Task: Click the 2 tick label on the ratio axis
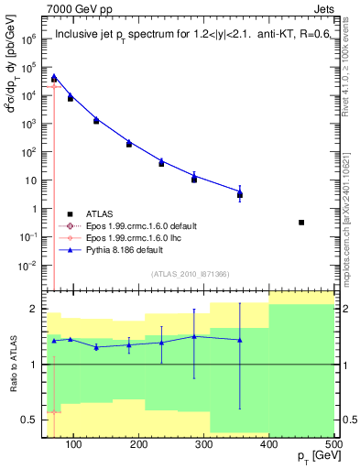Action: [35, 309]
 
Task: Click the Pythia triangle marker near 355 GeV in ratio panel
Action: [240, 340]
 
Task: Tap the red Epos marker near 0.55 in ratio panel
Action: [54, 412]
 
